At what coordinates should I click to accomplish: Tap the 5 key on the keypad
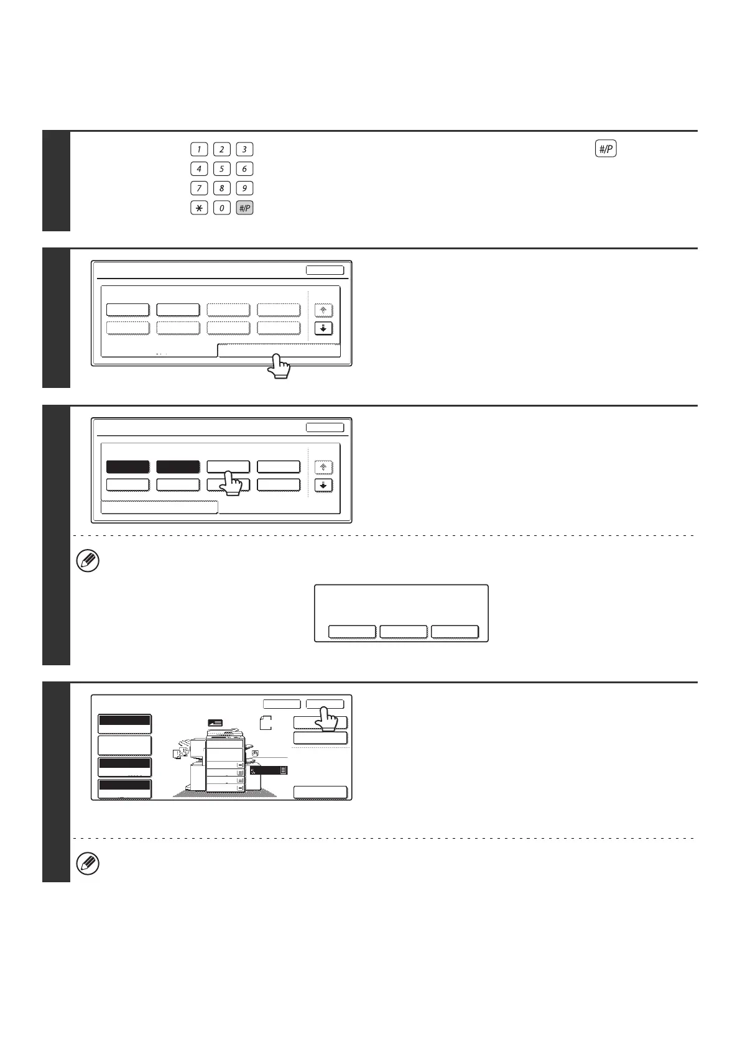coord(221,169)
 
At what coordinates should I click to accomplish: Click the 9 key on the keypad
coord(245,188)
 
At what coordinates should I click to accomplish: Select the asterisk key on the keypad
coord(198,208)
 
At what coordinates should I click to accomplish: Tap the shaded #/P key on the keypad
coord(245,208)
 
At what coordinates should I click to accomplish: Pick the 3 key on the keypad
coord(245,149)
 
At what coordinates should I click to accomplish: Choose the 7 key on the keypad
coord(198,188)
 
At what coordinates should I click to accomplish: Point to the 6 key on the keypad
coord(245,169)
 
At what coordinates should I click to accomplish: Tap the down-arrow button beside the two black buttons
coord(323,485)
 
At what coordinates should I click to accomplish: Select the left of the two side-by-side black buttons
coord(128,467)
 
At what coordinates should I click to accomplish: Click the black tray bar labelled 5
coord(269,770)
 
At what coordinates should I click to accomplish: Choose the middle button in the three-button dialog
coord(404,632)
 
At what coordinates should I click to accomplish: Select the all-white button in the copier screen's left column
coord(124,745)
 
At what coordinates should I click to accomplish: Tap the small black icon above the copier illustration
coord(215,722)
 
